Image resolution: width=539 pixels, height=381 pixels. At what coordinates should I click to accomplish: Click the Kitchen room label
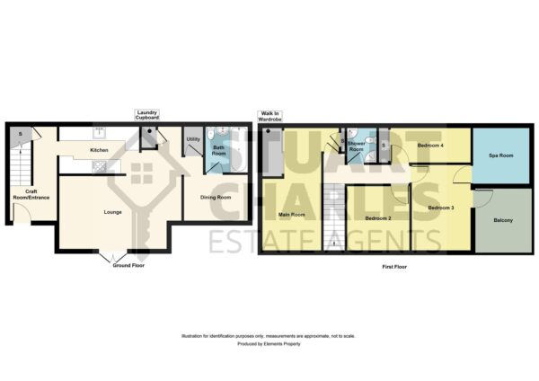[99, 150]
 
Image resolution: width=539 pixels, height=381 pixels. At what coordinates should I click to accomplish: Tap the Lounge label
[113, 212]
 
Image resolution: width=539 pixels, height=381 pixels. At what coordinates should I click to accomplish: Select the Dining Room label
[216, 198]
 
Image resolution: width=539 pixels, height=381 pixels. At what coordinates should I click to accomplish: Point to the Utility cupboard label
[193, 139]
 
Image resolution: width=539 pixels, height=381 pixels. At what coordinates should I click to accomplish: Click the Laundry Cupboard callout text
[147, 115]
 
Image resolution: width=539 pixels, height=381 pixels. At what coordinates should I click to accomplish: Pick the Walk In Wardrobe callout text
[269, 116]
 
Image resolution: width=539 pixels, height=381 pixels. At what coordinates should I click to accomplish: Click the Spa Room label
[501, 155]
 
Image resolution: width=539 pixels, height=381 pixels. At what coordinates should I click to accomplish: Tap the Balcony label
[503, 220]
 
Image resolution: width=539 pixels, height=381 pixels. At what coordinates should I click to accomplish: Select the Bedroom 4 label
[430, 146]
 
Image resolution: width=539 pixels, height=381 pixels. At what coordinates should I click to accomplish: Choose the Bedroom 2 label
[378, 218]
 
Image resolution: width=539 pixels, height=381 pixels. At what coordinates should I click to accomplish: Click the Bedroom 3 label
[441, 208]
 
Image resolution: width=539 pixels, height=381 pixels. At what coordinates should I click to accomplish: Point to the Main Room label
[291, 215]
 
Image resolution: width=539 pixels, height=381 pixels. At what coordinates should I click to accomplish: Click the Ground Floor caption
[128, 265]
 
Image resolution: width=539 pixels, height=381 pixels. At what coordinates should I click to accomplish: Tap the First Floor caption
[394, 267]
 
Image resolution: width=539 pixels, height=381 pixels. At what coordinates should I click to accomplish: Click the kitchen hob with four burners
[100, 166]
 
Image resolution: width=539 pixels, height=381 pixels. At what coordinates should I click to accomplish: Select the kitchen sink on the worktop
[100, 132]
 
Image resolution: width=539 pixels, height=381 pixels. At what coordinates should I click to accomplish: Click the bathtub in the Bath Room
[239, 149]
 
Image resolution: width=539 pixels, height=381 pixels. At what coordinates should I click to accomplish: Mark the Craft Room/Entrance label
[31, 195]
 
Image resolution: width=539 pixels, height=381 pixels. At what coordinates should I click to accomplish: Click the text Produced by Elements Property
[269, 344]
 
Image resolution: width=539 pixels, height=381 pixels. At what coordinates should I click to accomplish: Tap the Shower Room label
[356, 146]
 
